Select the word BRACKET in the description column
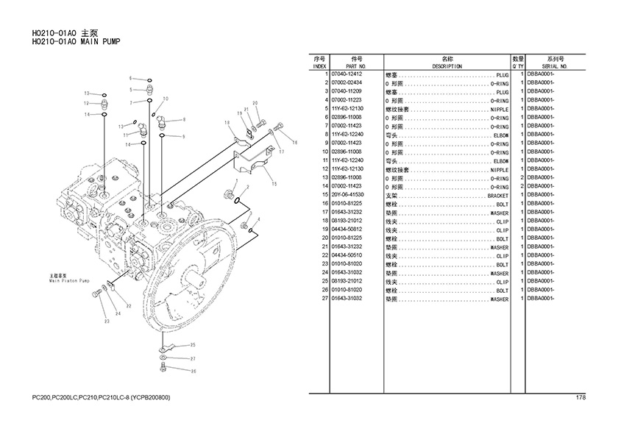pyautogui.click(x=497, y=195)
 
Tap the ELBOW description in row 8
pyautogui.click(x=500, y=135)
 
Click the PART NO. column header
pyautogui.click(x=357, y=65)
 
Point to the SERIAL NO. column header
pyautogui.click(x=554, y=65)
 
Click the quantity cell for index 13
pyautogui.click(x=520, y=178)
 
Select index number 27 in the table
pyautogui.click(x=324, y=299)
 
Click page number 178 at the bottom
pyautogui.click(x=580, y=398)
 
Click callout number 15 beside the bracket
pyautogui.click(x=274, y=183)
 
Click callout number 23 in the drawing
pyautogui.click(x=107, y=321)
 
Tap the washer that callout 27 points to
pyautogui.click(x=163, y=358)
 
